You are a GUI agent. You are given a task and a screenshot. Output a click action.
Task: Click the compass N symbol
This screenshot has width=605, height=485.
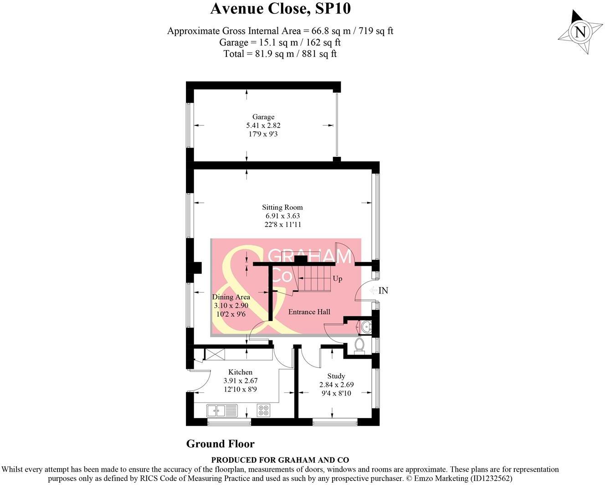pos(580,32)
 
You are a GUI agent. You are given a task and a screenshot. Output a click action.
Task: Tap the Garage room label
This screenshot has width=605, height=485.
pos(263,117)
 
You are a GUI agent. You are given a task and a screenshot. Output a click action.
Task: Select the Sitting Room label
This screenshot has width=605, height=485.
pos(282,207)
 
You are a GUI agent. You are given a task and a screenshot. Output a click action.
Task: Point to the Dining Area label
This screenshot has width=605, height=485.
pos(231,297)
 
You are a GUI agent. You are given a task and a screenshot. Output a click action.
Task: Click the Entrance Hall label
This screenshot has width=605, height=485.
pos(309,312)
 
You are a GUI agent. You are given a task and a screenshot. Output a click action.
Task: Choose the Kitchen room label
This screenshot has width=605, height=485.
pos(240,372)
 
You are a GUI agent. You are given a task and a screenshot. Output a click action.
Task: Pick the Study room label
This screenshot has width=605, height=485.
pos(336,376)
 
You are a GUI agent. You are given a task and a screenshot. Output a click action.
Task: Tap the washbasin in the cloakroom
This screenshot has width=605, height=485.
pos(366,327)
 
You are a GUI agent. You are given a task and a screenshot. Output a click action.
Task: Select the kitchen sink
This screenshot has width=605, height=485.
pos(222,410)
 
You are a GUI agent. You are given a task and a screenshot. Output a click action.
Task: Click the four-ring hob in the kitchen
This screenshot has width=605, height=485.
pos(263,410)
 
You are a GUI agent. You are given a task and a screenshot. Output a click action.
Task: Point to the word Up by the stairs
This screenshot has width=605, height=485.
pos(338,279)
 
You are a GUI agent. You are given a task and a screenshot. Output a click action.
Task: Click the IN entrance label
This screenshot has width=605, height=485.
pos(383,290)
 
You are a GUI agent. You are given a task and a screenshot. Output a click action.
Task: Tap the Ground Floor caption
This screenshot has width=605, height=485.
pos(220,444)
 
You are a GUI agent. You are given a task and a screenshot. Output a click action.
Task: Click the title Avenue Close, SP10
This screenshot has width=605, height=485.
pos(280,9)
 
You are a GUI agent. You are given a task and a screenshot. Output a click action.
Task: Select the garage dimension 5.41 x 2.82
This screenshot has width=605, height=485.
pos(263,125)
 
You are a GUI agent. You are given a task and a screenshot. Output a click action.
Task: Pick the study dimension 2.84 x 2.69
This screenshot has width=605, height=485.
pos(336,385)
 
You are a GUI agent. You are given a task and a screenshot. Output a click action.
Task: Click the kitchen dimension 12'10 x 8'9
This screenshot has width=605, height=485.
pos(240,389)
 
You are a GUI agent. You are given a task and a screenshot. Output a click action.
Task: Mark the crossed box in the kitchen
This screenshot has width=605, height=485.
pos(215,354)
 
